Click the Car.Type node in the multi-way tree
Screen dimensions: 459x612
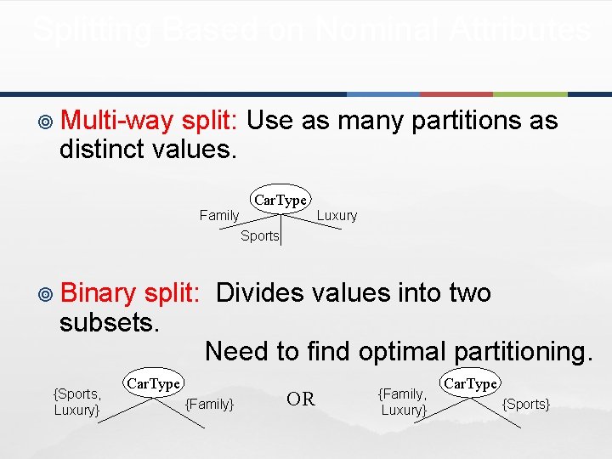pyautogui.click(x=280, y=200)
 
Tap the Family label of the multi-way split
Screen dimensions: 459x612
pyautogui.click(x=219, y=215)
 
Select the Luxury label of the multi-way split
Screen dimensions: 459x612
pyautogui.click(x=337, y=215)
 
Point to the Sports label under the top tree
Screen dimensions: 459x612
pyautogui.click(x=259, y=235)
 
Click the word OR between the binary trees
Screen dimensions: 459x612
pyautogui.click(x=301, y=399)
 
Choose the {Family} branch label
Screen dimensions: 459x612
pyautogui.click(x=209, y=404)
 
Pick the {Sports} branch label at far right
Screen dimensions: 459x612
pyautogui.click(x=526, y=404)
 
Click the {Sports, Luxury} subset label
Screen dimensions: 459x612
pyautogui.click(x=77, y=401)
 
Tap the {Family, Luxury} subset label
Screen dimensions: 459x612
pyautogui.click(x=403, y=401)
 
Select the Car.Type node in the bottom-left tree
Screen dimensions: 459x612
pyautogui.click(x=153, y=383)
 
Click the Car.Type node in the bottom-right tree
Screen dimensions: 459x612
pyautogui.click(x=470, y=383)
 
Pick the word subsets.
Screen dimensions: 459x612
pyautogui.click(x=110, y=323)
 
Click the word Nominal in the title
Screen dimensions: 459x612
pyautogui.click(x=368, y=31)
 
